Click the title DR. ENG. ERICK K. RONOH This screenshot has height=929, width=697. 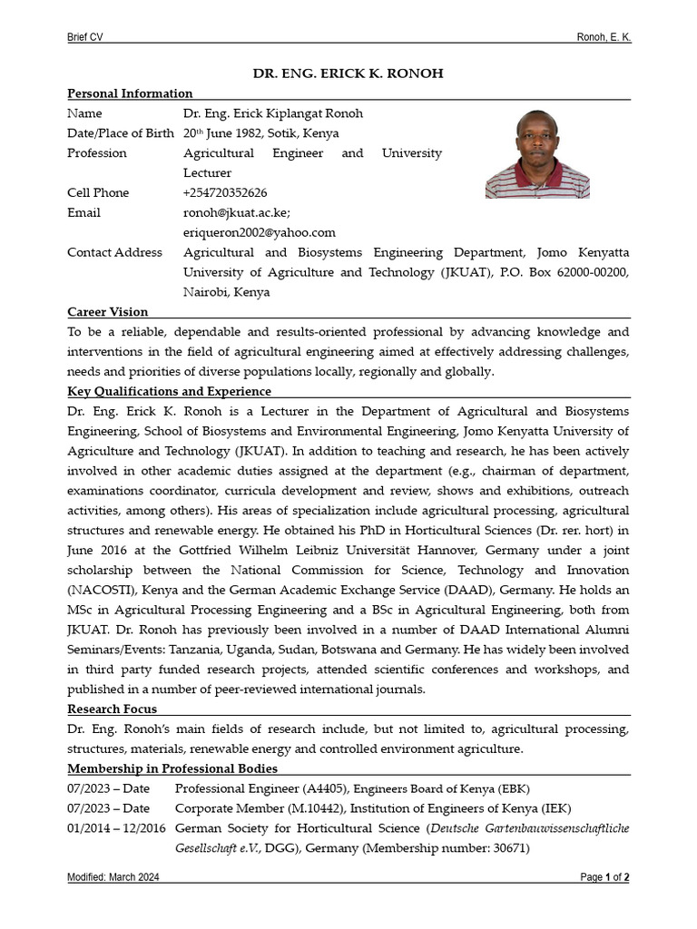[348, 73]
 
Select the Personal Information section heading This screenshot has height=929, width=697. [130, 93]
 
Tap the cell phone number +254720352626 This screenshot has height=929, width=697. [225, 192]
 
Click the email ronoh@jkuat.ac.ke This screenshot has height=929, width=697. [237, 212]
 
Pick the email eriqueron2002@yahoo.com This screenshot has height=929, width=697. [260, 232]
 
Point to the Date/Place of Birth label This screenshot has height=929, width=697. [121, 133]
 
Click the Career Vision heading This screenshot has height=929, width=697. [107, 312]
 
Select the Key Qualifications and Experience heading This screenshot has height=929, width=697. [169, 391]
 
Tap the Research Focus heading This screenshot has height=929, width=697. [112, 709]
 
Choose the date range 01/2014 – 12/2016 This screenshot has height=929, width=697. [116, 828]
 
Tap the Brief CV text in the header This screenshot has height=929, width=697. [85, 36]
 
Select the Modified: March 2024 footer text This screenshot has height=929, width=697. [113, 877]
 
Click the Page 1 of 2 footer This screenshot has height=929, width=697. [604, 877]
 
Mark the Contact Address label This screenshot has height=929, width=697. [115, 252]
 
